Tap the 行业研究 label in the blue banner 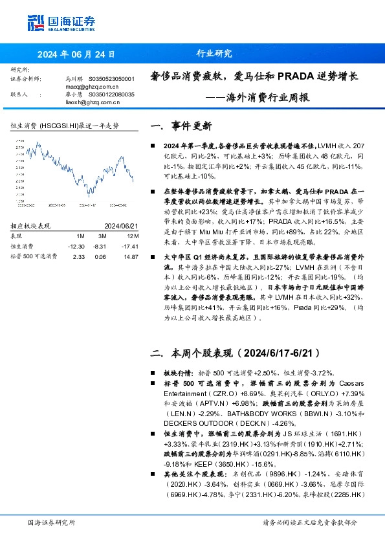click(x=214, y=54)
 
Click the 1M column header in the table click(x=80, y=236)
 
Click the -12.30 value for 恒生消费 click(x=76, y=247)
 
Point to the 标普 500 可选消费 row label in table click(x=34, y=257)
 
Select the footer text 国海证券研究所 click(x=52, y=522)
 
